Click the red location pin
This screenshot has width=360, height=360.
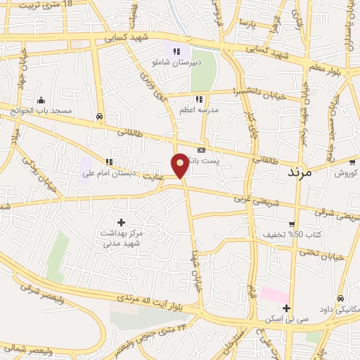point(181,165)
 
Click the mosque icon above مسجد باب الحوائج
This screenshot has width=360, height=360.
point(41,99)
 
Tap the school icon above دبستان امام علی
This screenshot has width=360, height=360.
point(108,162)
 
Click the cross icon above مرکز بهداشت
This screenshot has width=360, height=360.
point(121,222)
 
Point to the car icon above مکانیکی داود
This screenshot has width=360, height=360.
point(341,298)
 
